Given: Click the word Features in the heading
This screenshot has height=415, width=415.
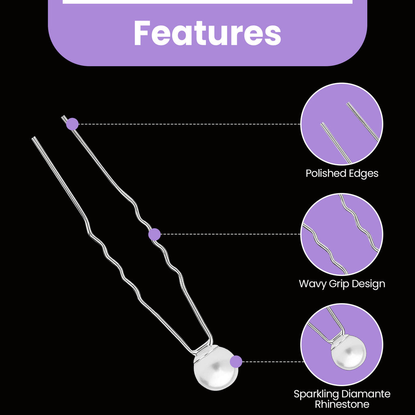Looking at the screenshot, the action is (207, 33).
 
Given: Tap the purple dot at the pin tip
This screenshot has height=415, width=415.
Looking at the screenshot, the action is (72, 124).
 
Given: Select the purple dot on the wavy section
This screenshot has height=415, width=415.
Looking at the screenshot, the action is (154, 234).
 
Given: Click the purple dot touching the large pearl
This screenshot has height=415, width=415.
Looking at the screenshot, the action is (236, 362).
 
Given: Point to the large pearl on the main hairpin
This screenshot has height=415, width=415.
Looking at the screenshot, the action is (216, 368).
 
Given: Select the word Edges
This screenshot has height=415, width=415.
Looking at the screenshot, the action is (364, 174).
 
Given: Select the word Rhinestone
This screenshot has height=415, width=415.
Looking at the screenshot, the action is (342, 404).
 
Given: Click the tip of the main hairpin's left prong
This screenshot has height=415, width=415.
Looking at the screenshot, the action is (33, 138).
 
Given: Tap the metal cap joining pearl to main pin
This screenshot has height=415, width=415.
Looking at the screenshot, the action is (204, 351).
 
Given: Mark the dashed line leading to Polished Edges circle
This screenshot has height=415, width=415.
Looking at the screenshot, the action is (190, 124).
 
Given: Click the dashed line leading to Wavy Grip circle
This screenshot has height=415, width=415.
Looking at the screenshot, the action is (231, 234).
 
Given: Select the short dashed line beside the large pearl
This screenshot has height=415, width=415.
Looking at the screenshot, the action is (273, 362).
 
